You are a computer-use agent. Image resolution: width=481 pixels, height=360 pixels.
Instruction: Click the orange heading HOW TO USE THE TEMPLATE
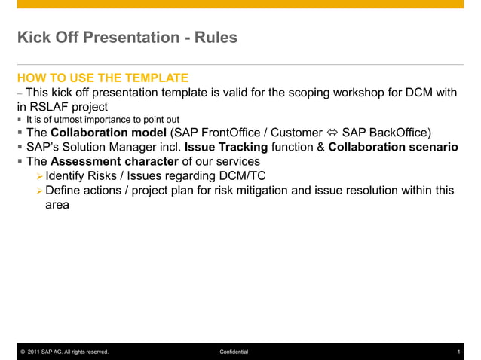pyautogui.click(x=103, y=78)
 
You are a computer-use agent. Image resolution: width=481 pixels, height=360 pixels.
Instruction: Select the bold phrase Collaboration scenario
pyautogui.click(x=393, y=148)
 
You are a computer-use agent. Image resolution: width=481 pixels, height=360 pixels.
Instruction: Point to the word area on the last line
pyautogui.click(x=57, y=204)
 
